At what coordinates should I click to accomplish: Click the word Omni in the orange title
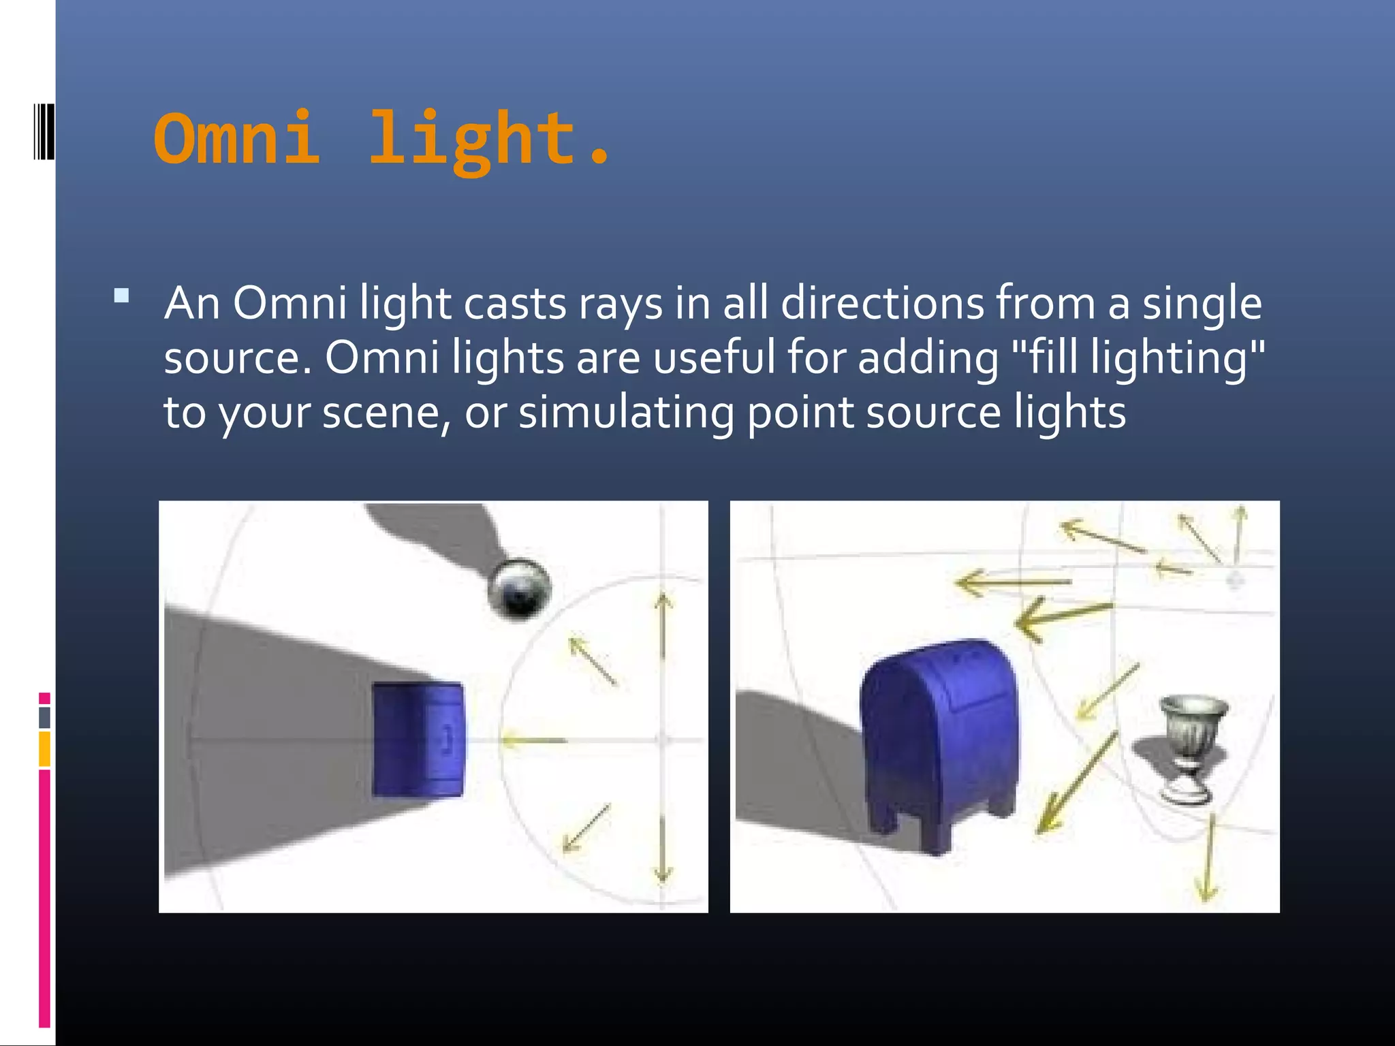(x=236, y=139)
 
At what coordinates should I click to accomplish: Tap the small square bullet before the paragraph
(x=122, y=296)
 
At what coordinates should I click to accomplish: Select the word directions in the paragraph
(x=882, y=303)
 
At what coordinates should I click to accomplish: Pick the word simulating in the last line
(x=626, y=413)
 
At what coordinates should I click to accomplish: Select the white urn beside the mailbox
(x=1193, y=746)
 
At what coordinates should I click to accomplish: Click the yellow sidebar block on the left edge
(x=44, y=749)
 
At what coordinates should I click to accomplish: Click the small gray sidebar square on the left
(x=44, y=717)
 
